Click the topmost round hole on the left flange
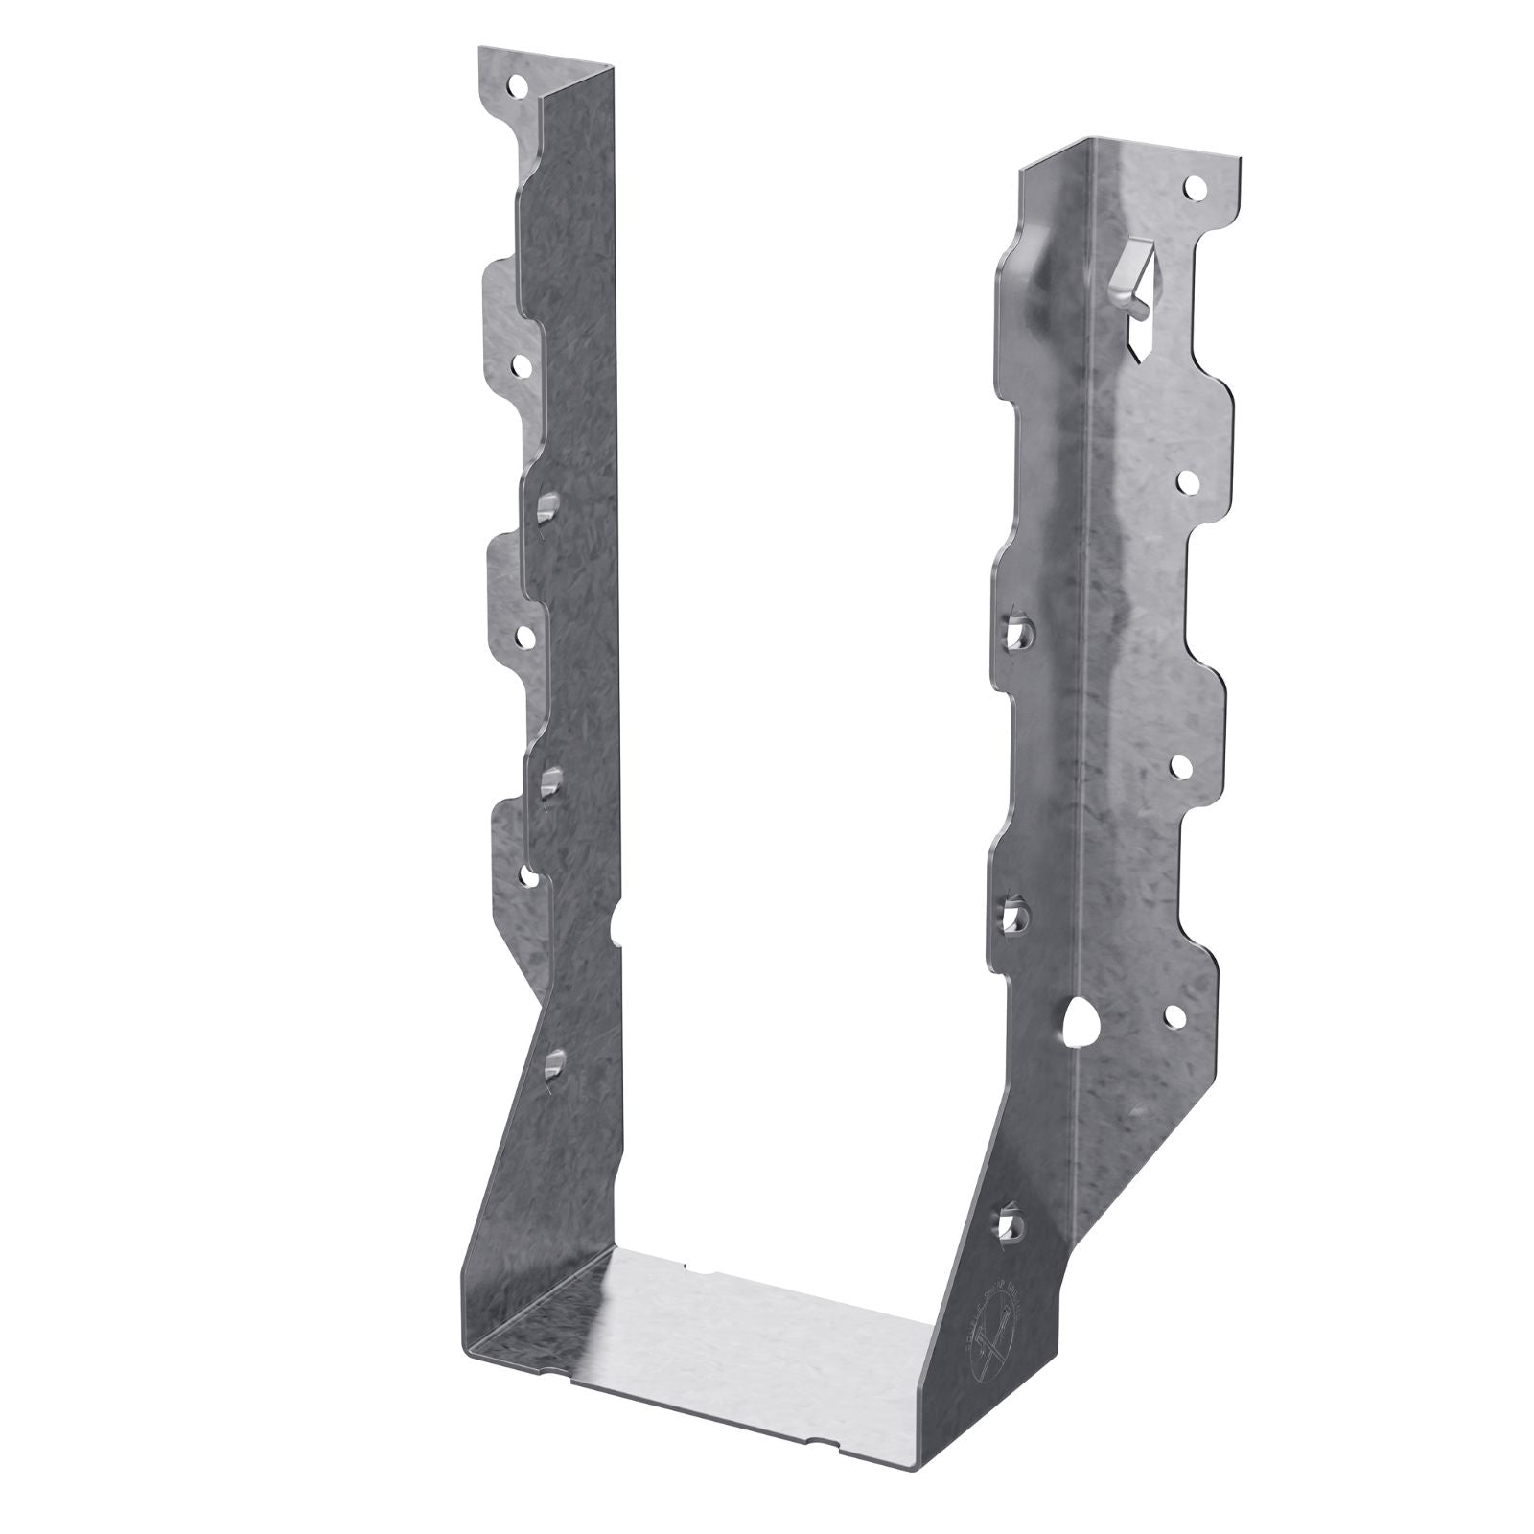(519, 86)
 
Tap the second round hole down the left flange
(523, 365)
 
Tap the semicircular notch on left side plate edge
(616, 929)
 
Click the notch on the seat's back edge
(699, 1275)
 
